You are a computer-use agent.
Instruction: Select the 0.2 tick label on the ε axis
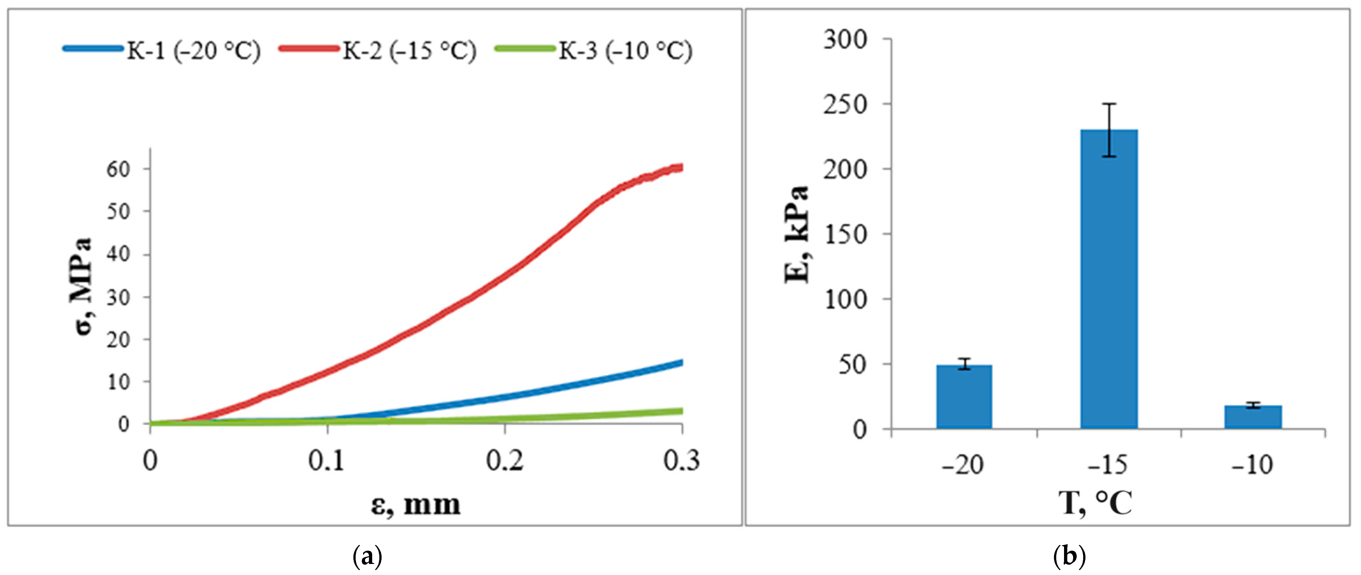pos(504,461)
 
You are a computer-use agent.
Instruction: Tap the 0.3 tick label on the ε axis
pos(681,461)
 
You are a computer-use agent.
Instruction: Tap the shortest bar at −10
pos(1253,417)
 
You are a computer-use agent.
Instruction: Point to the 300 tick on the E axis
pos(845,40)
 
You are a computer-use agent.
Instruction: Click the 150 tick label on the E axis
pos(845,234)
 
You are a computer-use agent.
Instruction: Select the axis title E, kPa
pos(797,235)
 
